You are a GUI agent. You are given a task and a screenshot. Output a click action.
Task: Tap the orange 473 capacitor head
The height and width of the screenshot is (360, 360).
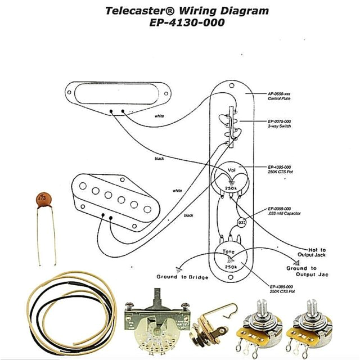[x=40, y=199]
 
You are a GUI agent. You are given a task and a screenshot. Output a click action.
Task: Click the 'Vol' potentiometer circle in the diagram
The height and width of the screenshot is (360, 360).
[x=231, y=178]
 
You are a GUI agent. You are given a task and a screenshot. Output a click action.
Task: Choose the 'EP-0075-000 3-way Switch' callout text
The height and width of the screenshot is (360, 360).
[x=280, y=124]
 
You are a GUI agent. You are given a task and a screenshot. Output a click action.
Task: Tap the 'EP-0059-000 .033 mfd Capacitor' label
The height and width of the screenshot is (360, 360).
[x=283, y=211]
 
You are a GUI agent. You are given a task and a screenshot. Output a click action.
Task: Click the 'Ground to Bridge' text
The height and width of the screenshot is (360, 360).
[x=182, y=277]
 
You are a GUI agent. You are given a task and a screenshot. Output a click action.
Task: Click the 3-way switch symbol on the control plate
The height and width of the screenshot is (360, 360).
[x=230, y=127]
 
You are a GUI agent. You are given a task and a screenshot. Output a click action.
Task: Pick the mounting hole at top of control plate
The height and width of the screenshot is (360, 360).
[x=231, y=85]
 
